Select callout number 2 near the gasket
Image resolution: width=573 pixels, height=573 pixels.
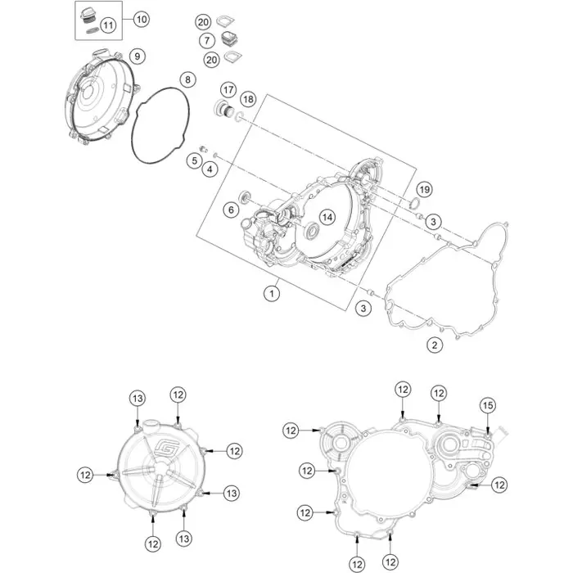[x=435, y=344]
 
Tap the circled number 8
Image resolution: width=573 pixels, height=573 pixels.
[x=187, y=79]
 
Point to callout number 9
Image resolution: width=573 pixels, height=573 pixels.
[x=138, y=56]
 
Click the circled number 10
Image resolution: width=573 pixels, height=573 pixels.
[x=141, y=18]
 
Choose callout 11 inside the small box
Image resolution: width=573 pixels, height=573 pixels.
[x=109, y=25]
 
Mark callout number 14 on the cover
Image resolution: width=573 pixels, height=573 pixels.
[x=327, y=218]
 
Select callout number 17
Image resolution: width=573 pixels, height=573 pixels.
[x=228, y=89]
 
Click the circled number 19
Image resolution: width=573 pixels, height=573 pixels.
[x=424, y=189]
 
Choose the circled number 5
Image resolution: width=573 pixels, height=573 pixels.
[x=193, y=161]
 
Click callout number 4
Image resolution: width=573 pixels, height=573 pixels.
[x=210, y=169]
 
